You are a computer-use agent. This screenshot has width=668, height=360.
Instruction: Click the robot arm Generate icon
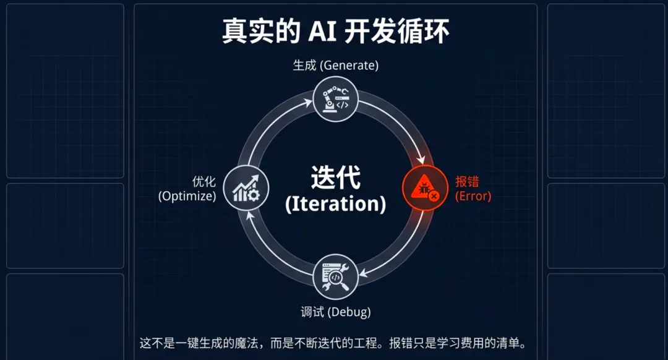(335, 99)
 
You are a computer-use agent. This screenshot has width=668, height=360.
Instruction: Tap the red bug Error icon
(425, 188)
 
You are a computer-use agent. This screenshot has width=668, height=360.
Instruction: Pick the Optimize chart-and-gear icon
(246, 188)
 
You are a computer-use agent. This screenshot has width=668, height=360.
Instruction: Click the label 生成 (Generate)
(335, 66)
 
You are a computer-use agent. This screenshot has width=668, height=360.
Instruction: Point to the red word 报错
(467, 182)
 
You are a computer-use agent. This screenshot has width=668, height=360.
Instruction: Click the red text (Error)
(473, 197)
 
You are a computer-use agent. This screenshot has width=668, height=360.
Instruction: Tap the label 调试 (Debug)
(335, 312)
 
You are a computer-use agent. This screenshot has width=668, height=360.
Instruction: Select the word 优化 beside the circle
(203, 182)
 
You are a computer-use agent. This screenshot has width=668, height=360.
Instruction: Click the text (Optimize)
(187, 197)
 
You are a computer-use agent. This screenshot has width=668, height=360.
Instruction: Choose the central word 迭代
(335, 179)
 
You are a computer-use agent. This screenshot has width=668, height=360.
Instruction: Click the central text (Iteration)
(335, 204)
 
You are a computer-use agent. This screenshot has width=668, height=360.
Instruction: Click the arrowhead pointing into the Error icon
(422, 160)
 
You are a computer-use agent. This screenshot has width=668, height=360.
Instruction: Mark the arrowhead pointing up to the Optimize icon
(249, 216)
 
